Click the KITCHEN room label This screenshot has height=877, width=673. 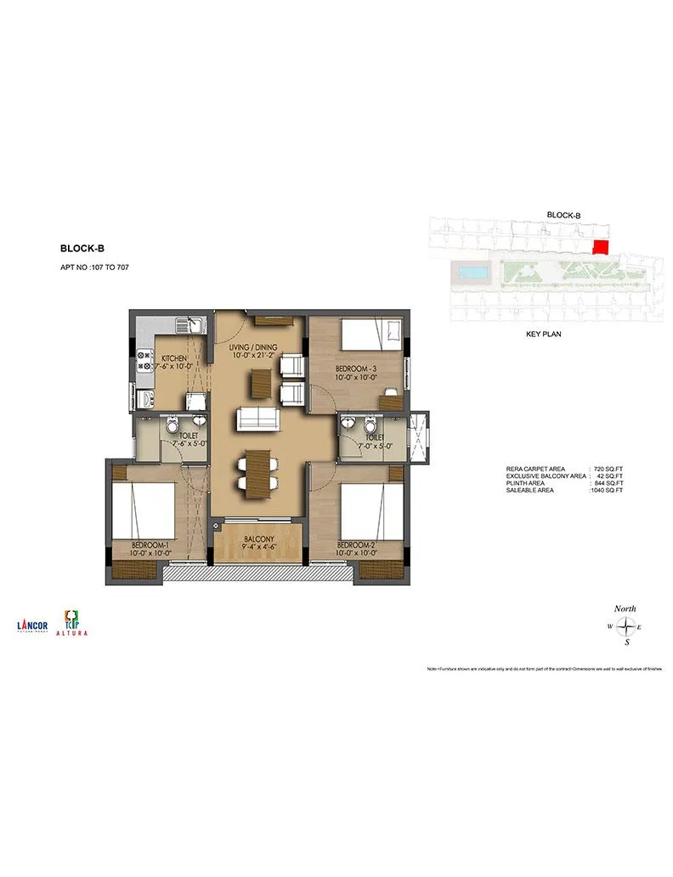173,358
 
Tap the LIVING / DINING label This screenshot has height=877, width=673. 256,348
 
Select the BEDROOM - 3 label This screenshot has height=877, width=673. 357,368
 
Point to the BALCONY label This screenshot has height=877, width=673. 258,539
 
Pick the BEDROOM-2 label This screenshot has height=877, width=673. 356,544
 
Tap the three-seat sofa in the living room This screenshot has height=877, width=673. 256,419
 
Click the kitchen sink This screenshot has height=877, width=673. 189,325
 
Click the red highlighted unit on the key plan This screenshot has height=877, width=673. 600,246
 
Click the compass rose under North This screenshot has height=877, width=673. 625,627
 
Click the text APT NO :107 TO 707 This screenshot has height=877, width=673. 94,267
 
